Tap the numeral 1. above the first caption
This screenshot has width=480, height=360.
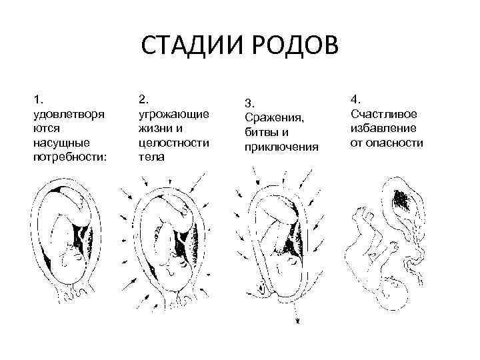37,99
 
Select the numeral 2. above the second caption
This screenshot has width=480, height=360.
143,99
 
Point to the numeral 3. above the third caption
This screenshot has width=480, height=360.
249,103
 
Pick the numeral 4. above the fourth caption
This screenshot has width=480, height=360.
355,99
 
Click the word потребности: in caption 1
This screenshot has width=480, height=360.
69,157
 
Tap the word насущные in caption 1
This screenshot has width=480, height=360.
61,143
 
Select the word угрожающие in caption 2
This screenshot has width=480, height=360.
174,113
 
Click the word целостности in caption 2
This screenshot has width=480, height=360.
173,143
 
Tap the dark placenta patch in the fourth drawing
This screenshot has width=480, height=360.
402,197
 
